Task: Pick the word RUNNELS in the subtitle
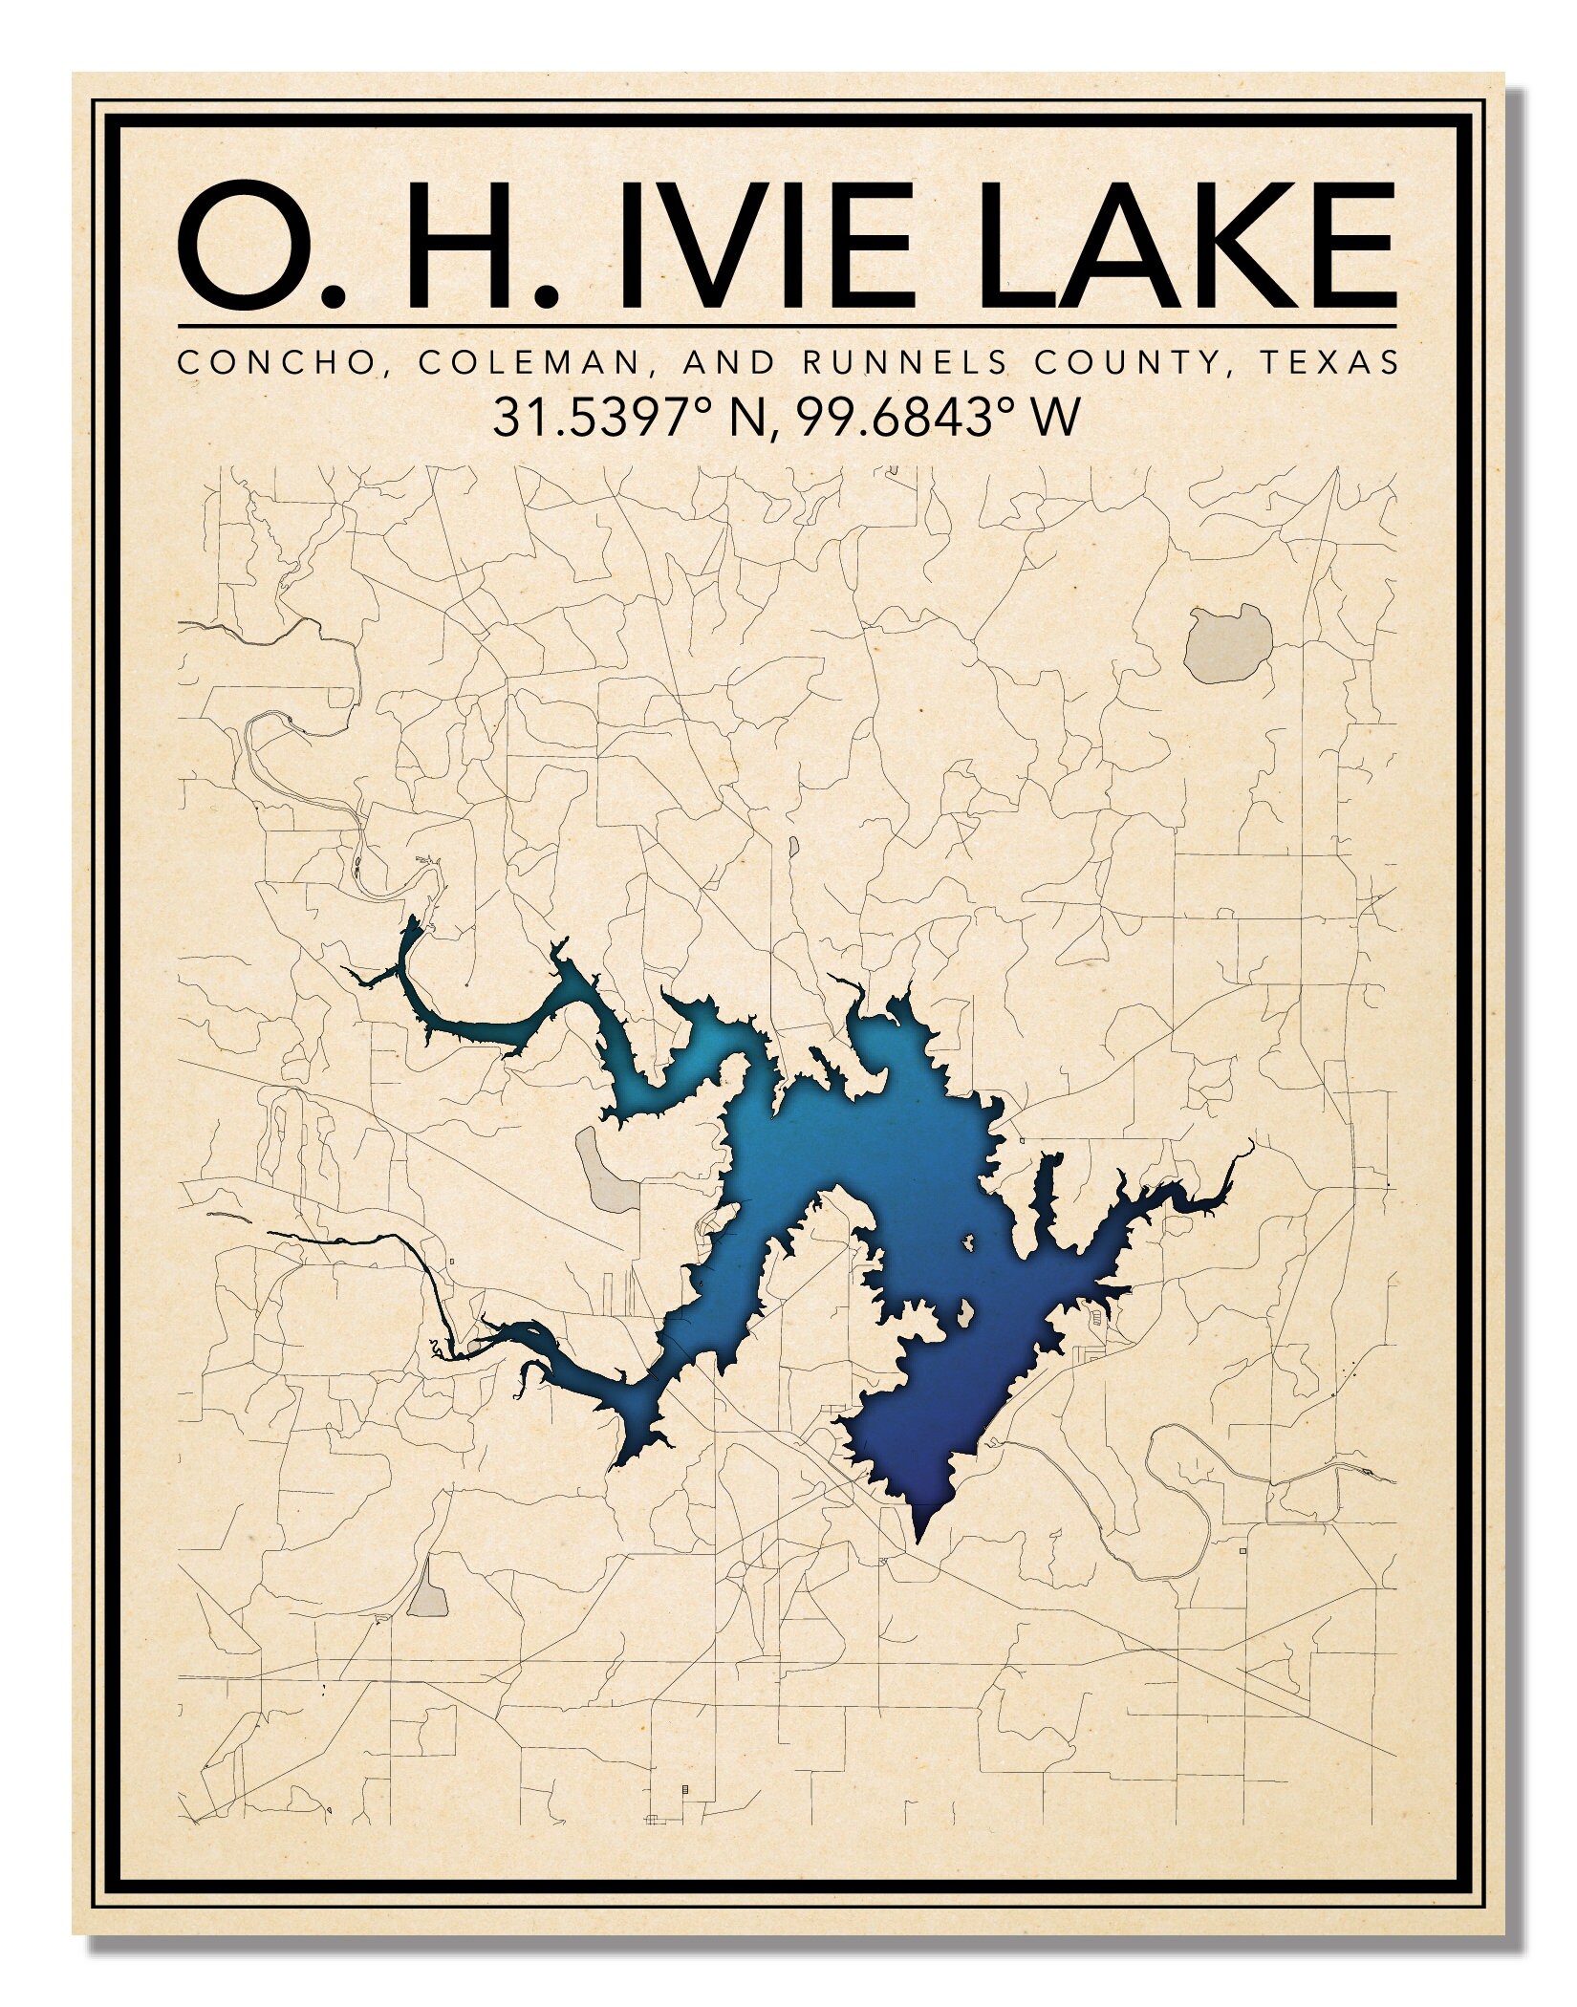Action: pyautogui.click(x=903, y=362)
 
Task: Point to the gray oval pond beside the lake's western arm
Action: pyautogui.click(x=606, y=1171)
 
